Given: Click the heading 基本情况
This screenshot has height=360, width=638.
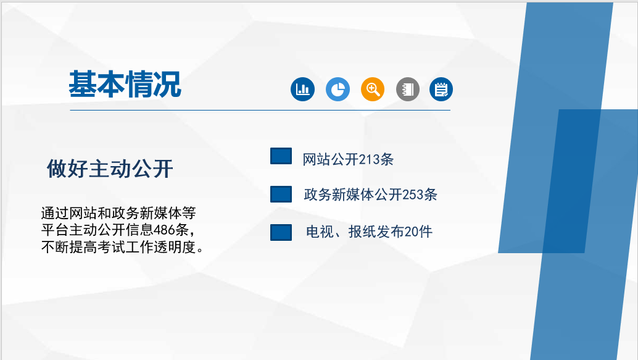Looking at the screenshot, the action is pos(125,84).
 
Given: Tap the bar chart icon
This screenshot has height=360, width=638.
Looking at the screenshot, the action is pos(303,89).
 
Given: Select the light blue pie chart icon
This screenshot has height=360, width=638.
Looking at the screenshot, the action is pos(338,89).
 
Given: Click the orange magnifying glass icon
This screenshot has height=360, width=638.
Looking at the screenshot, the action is pos(373,89).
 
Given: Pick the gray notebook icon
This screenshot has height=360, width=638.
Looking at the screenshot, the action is pos(408,89).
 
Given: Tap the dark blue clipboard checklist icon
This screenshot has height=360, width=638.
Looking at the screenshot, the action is pos(441,89).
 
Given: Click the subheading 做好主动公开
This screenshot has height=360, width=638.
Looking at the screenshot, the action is pos(110,169).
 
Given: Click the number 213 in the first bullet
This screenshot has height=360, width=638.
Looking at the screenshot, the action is pos(371,159).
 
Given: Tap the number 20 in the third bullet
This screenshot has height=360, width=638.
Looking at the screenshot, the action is pos(412,232).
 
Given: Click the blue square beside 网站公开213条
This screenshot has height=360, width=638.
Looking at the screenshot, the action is pos(281,156).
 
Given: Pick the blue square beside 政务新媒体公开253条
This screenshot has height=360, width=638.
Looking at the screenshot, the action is pos(281,195).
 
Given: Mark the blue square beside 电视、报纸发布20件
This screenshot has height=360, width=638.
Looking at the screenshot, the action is pos(281,233).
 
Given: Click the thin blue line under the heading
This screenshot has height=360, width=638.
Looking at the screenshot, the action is pos(260,110).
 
